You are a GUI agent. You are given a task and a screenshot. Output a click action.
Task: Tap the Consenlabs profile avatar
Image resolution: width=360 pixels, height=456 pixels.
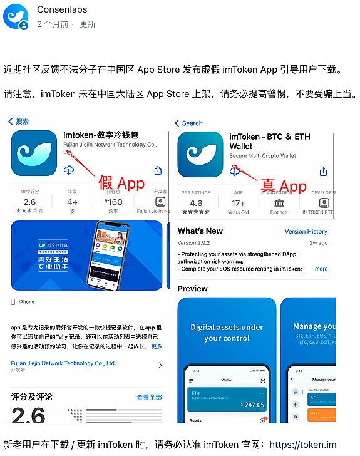[16, 17]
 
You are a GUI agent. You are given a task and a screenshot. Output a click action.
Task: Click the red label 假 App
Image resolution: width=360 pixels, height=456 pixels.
[121, 184]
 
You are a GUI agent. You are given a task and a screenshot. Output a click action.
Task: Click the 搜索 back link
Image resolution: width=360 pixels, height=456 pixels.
[19, 122]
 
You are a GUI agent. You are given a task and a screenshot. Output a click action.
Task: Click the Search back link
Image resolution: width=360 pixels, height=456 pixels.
[188, 123]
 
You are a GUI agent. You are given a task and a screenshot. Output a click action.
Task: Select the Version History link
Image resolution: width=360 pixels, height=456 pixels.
[306, 231]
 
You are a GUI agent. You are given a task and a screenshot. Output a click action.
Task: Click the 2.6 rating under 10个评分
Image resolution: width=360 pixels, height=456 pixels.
[29, 202]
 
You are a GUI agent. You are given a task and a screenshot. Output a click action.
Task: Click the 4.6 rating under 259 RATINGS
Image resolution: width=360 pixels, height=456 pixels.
[196, 203]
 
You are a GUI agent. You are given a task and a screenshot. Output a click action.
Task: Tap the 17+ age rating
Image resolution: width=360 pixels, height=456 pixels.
[237, 203]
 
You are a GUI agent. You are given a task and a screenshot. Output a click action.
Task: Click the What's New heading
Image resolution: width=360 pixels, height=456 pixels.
[200, 231]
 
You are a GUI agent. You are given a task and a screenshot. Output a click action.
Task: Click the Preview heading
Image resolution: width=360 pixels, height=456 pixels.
[193, 289]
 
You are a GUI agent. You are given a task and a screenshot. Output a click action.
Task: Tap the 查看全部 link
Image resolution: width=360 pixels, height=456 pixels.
[149, 397]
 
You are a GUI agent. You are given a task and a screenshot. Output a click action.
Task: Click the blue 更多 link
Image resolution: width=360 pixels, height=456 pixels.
[157, 346]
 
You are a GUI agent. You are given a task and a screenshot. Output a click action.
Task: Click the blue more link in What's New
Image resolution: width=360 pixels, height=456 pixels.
[321, 269]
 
